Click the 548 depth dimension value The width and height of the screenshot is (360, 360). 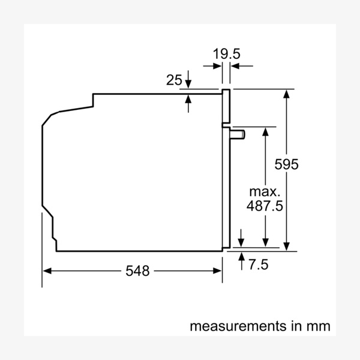click(x=137, y=271)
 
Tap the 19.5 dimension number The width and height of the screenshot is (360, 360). click(x=227, y=53)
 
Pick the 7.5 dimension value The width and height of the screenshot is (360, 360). click(x=259, y=264)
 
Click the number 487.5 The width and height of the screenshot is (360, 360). click(x=265, y=206)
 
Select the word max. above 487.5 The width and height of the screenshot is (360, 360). click(x=265, y=192)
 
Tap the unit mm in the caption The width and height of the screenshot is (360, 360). click(x=318, y=326)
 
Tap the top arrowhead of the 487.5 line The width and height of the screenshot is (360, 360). click(x=265, y=131)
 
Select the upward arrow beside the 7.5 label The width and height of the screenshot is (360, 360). click(x=241, y=257)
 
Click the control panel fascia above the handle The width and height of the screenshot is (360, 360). click(x=226, y=108)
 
